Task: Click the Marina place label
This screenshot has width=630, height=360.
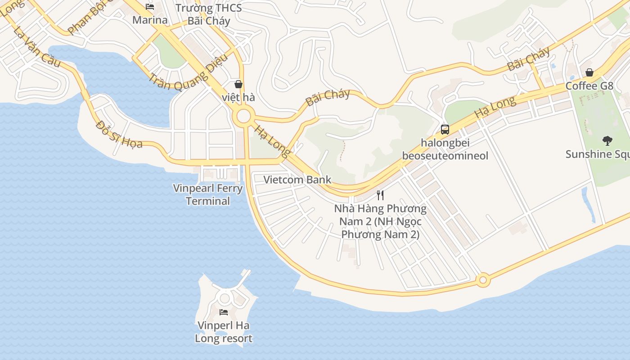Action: coord(150,20)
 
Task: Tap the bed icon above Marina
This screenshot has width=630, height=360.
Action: coord(150,7)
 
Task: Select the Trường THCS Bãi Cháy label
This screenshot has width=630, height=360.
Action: coord(208,14)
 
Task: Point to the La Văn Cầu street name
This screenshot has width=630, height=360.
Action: coord(36,47)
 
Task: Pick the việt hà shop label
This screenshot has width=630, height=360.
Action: coord(238,97)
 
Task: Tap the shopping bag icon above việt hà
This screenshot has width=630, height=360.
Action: coord(238,84)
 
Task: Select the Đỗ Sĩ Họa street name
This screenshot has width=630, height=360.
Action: coord(119,134)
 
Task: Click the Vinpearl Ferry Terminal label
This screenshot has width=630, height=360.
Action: coord(208,194)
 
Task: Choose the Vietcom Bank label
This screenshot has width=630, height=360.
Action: coord(297,180)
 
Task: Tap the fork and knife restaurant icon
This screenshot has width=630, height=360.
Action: coord(380,195)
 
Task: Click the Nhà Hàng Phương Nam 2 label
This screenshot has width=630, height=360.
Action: coord(380,221)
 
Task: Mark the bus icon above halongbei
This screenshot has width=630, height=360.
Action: coord(445,130)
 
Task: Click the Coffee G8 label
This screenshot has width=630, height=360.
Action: coord(589,85)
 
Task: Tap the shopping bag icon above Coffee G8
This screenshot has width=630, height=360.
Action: coord(589,72)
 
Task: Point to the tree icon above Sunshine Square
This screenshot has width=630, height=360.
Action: coord(607,141)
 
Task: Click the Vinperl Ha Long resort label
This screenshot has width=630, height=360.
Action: coord(224,332)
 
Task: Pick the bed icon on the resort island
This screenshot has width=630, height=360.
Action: coord(224,312)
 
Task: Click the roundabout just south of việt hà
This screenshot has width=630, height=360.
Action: coord(243,117)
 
